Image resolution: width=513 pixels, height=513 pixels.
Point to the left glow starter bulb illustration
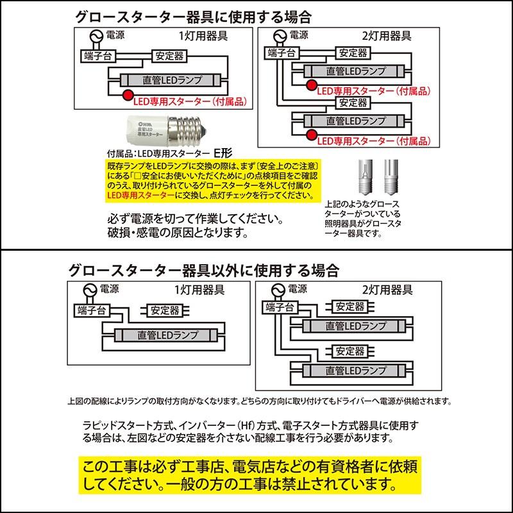(364, 172)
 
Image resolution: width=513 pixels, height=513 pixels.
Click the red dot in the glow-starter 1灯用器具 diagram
(126, 96)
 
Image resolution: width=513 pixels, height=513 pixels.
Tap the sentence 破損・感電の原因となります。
(178, 232)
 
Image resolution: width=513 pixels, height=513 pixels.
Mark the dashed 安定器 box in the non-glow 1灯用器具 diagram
(165, 310)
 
